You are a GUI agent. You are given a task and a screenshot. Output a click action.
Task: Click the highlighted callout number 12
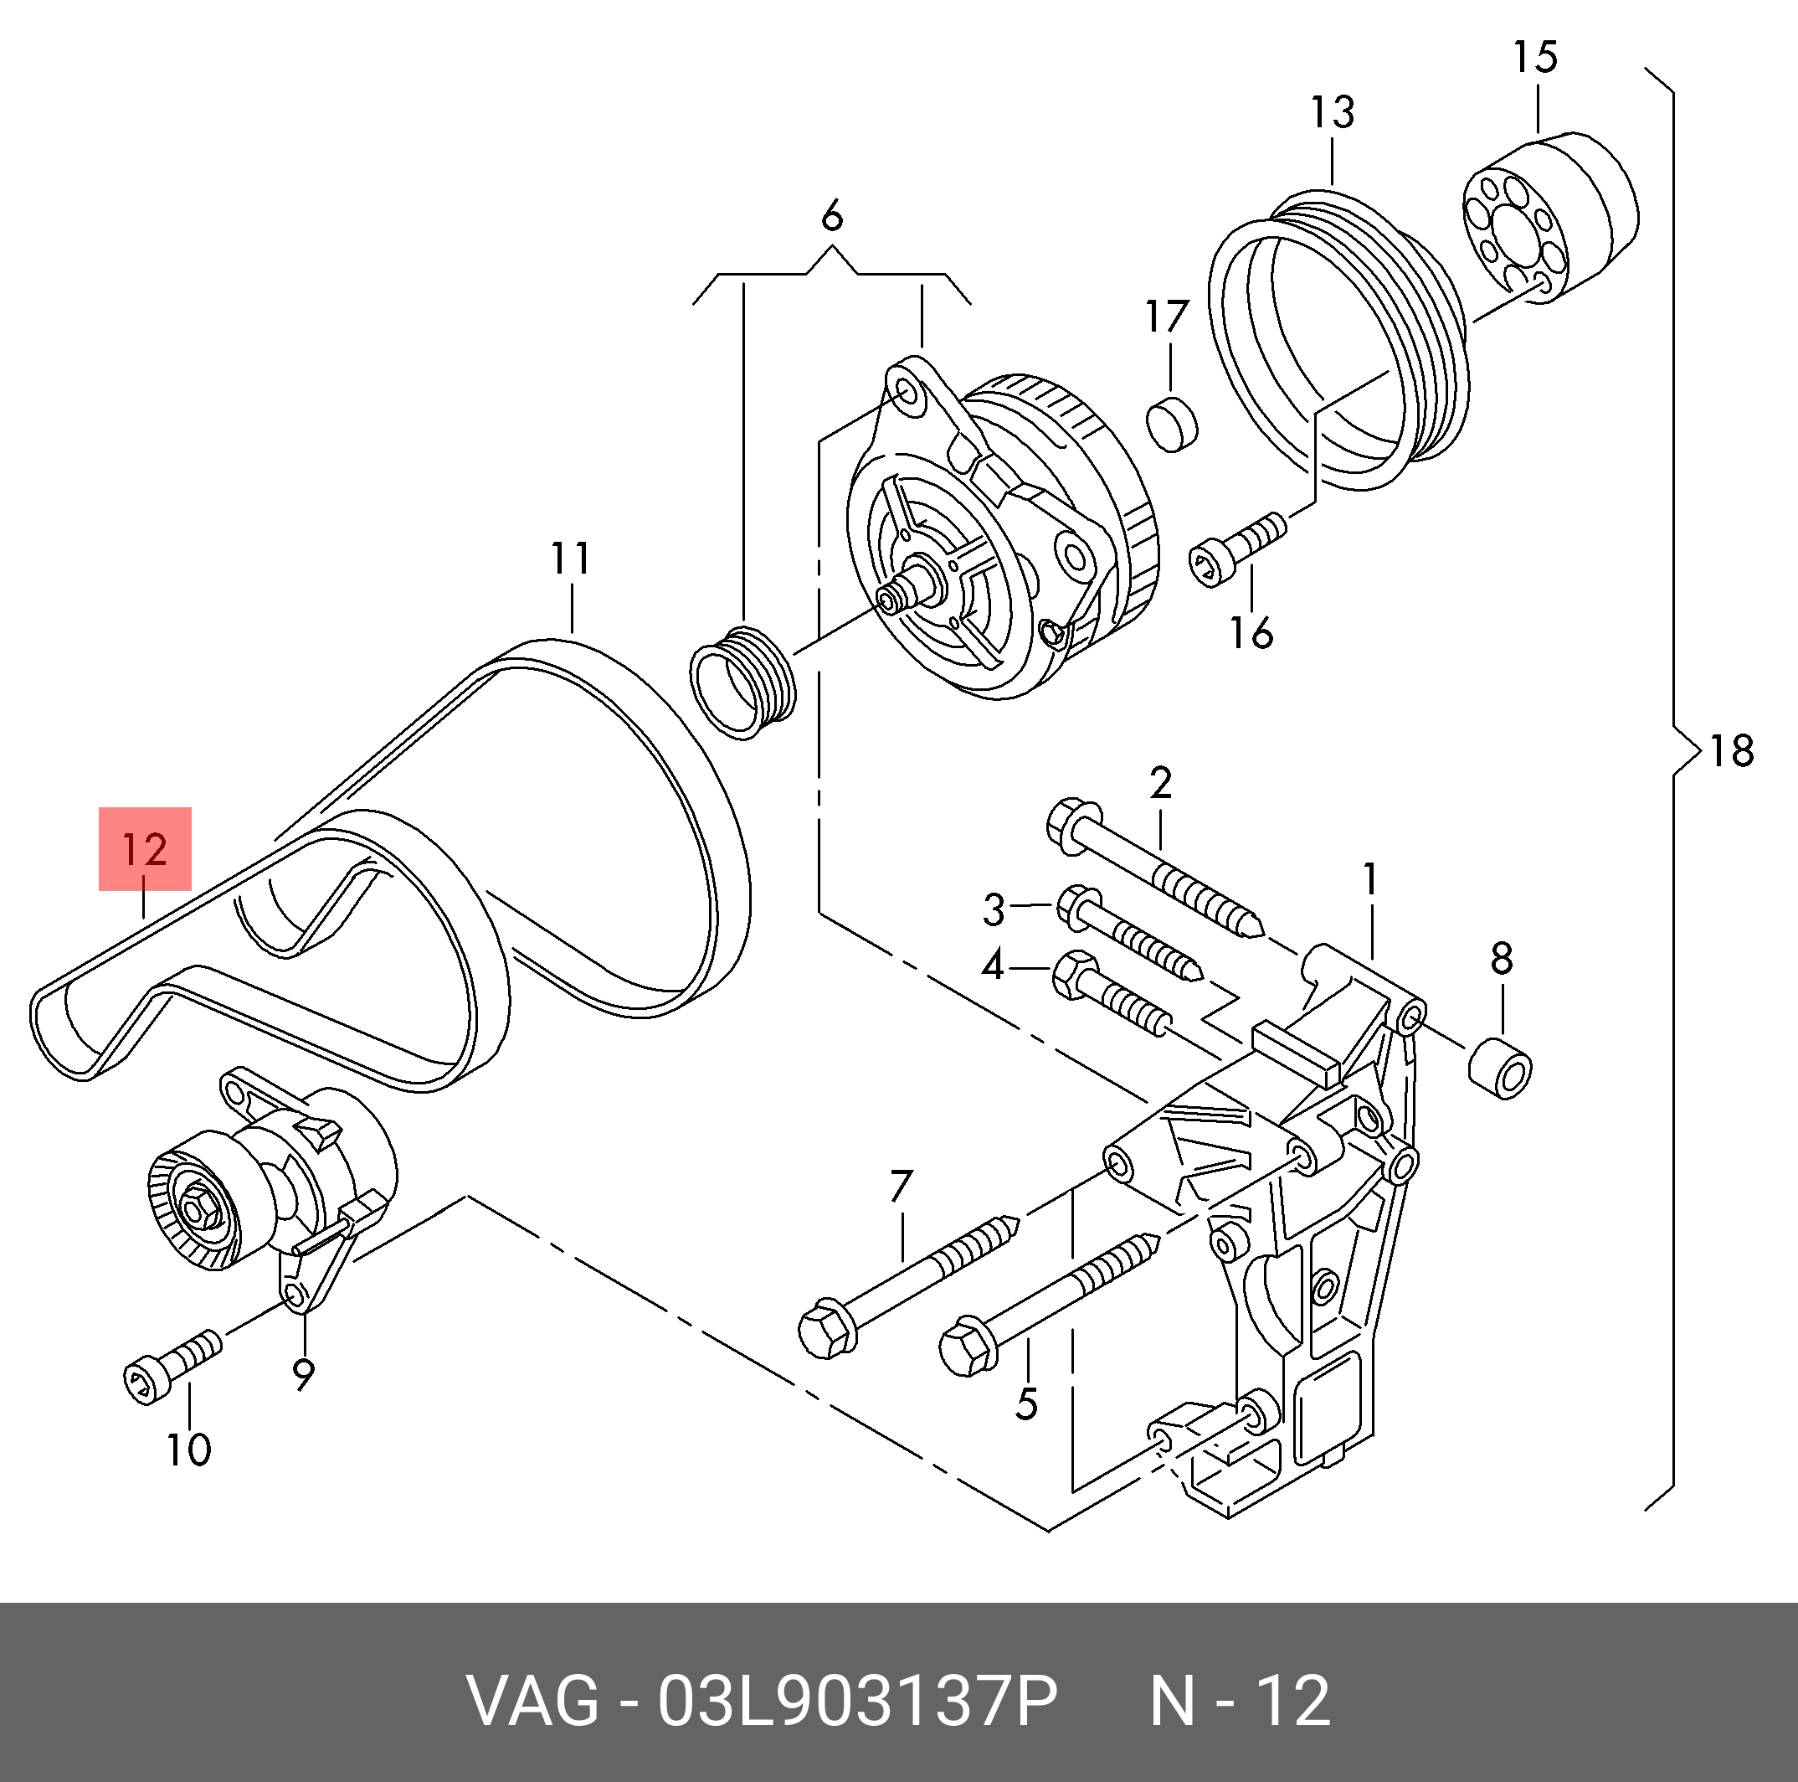[144, 849]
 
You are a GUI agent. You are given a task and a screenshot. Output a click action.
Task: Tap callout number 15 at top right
[1534, 57]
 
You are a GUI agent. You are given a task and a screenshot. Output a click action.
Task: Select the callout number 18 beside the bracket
[1731, 750]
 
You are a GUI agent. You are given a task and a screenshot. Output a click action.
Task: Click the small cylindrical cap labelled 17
[1172, 423]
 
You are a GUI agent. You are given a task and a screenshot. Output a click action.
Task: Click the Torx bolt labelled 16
[1238, 550]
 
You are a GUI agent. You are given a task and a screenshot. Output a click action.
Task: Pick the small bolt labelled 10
[172, 1367]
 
